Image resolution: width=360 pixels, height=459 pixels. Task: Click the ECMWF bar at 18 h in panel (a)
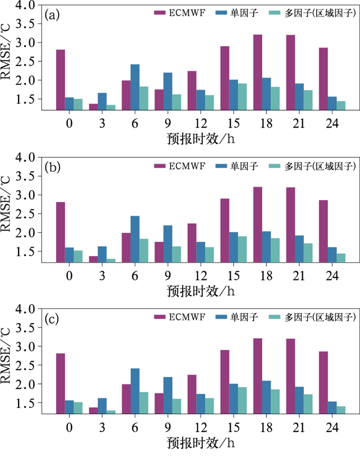pos(258,73)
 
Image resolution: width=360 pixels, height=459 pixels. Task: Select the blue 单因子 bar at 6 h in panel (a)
pos(135,87)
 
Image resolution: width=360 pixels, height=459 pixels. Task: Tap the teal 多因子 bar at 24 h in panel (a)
pos(341,105)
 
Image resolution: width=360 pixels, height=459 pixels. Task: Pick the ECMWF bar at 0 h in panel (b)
pos(61,232)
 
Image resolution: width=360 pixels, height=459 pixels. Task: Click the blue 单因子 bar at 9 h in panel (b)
pos(168,244)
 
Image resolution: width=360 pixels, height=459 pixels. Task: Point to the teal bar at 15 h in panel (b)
pos(242,250)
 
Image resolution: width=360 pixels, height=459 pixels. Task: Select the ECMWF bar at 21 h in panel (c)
pos(291,376)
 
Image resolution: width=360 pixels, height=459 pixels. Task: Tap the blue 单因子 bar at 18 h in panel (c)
pos(266,397)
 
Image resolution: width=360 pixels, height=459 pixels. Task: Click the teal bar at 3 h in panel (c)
pos(111,412)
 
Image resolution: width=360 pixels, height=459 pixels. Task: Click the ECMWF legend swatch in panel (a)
pos(160,13)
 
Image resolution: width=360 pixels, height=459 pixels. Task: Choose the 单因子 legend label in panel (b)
pos(244,166)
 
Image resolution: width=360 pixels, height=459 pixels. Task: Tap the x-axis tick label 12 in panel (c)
pos(201,428)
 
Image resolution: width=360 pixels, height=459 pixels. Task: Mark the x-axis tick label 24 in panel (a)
pos(332,123)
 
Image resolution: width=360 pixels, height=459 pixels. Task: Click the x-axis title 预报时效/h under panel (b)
pos(201,291)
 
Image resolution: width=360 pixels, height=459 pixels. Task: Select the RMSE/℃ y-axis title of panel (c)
pos(6,356)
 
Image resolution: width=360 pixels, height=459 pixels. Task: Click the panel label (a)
pos(52,15)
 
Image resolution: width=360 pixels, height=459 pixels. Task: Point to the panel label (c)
pos(52,319)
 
